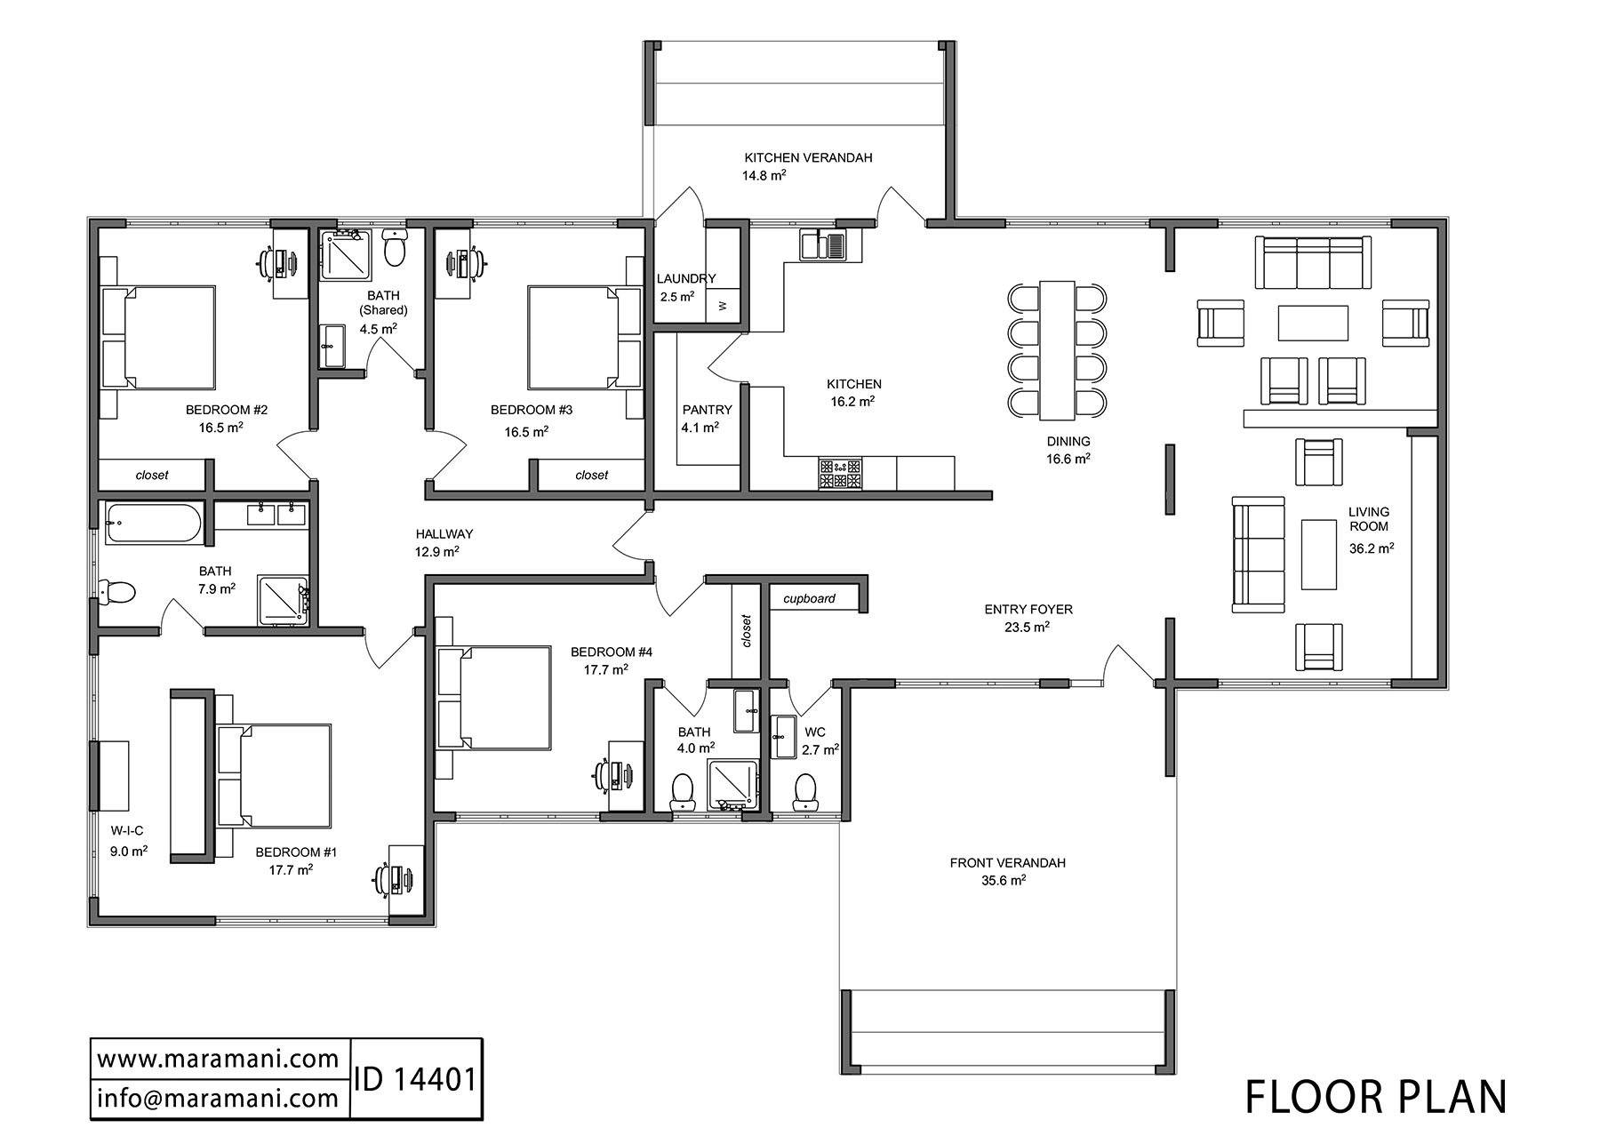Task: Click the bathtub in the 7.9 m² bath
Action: [x=153, y=524]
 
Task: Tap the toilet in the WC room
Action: [x=805, y=790]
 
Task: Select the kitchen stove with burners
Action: [x=840, y=474]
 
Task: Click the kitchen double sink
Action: [x=824, y=244]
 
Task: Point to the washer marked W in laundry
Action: [x=723, y=306]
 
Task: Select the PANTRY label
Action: [x=708, y=410]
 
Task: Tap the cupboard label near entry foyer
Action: [x=809, y=598]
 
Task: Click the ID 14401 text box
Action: [x=417, y=1079]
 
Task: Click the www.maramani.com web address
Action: [x=218, y=1060]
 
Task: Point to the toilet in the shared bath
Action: [x=394, y=248]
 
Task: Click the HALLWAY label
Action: [x=444, y=534]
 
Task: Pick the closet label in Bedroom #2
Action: [x=152, y=475]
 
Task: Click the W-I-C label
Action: [x=127, y=831]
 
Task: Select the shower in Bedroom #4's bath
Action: [x=733, y=784]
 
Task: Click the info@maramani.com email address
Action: [x=218, y=1099]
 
